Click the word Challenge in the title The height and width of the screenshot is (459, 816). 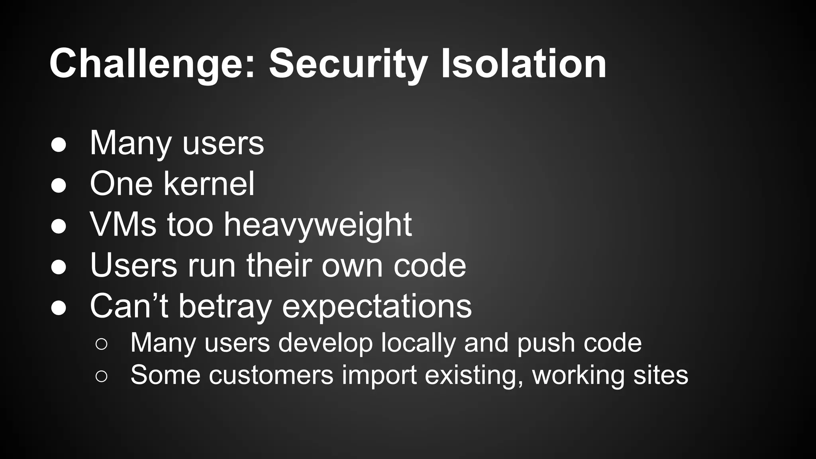pyautogui.click(x=152, y=64)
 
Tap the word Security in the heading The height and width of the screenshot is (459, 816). pyautogui.click(x=349, y=64)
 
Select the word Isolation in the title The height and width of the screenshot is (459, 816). pyautogui.click(x=524, y=64)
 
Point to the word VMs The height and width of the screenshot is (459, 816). pyautogui.click(x=123, y=225)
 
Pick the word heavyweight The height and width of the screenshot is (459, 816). pyautogui.click(x=318, y=225)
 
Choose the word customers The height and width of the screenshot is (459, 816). pyautogui.click(x=271, y=375)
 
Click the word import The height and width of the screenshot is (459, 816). pyautogui.click(x=379, y=375)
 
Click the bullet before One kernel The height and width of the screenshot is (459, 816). pyautogui.click(x=59, y=185)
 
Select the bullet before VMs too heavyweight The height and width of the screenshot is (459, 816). pyautogui.click(x=59, y=226)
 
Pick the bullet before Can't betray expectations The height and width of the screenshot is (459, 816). pyautogui.click(x=59, y=307)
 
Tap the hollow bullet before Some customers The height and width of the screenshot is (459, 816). pyautogui.click(x=102, y=377)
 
